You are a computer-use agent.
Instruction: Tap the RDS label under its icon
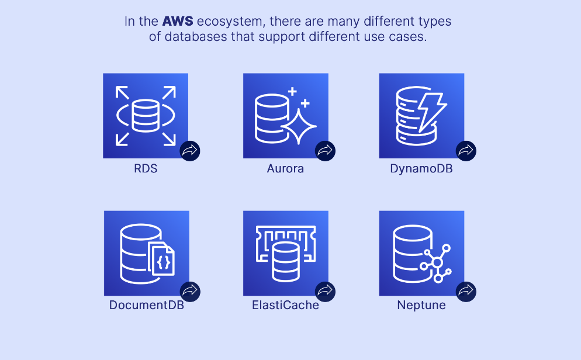[x=146, y=169]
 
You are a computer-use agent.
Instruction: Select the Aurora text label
[x=285, y=169]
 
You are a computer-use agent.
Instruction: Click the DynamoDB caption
[x=421, y=169]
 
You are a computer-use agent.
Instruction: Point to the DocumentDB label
[x=147, y=305]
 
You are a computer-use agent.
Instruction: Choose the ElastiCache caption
[x=285, y=305]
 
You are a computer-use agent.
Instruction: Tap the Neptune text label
[x=421, y=305]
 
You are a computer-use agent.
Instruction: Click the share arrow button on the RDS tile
[x=190, y=151]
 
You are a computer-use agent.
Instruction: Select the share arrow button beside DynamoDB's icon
[x=466, y=151]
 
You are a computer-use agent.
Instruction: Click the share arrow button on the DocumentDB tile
[x=190, y=290]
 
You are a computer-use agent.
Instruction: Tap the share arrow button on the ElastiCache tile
[x=325, y=290]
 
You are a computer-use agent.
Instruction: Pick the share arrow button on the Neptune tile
[x=466, y=290]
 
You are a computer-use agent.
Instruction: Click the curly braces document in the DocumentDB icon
[x=163, y=259]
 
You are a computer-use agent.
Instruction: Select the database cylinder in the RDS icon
[x=146, y=115]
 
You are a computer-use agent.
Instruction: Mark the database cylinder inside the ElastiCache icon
[x=285, y=260]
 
